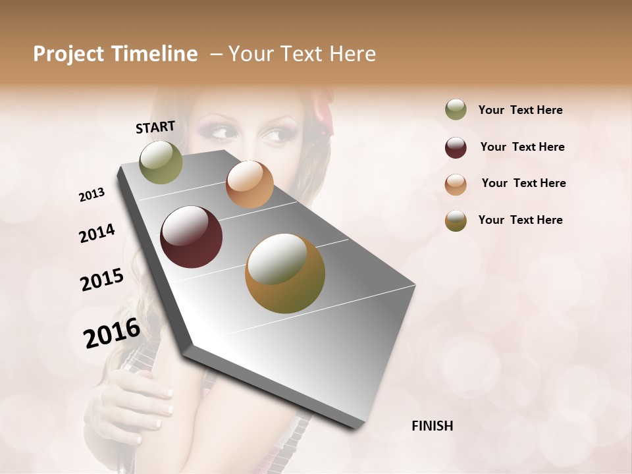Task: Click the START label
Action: (x=155, y=127)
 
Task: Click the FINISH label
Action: (x=433, y=426)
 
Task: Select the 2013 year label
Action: (x=92, y=195)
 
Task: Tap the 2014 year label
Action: (x=97, y=234)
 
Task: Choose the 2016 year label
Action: (x=112, y=332)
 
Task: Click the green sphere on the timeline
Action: (x=161, y=163)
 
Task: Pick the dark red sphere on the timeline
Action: (x=192, y=237)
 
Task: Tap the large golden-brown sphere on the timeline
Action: (x=285, y=273)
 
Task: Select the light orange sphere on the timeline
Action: (x=250, y=184)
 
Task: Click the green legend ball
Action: (x=456, y=110)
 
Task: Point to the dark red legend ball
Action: (x=456, y=147)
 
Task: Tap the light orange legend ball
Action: (x=456, y=184)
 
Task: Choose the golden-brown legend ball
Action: (x=456, y=221)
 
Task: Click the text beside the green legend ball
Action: (x=520, y=110)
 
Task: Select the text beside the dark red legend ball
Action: (x=522, y=147)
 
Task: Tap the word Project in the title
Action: (x=69, y=54)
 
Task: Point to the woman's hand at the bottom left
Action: (x=135, y=402)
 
